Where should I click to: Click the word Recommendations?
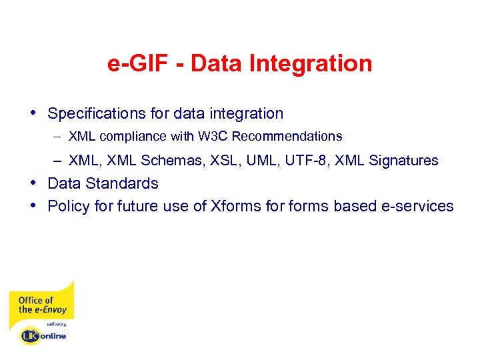click(287, 137)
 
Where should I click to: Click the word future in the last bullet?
click(139, 206)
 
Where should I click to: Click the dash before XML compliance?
click(59, 137)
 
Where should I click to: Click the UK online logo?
click(43, 335)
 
